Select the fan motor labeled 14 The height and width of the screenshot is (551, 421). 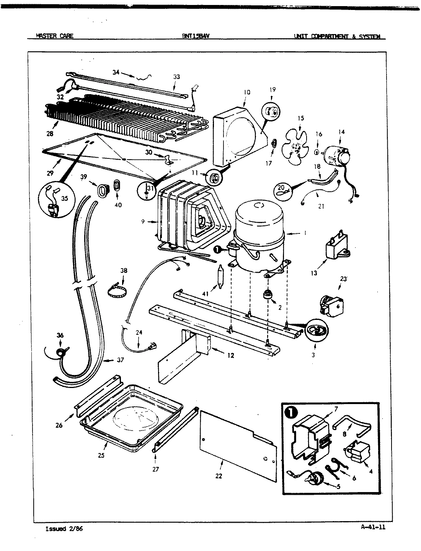point(336,155)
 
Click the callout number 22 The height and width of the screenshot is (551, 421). point(219,476)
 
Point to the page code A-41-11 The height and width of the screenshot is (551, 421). point(373,527)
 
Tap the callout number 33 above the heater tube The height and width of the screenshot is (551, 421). point(176,77)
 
